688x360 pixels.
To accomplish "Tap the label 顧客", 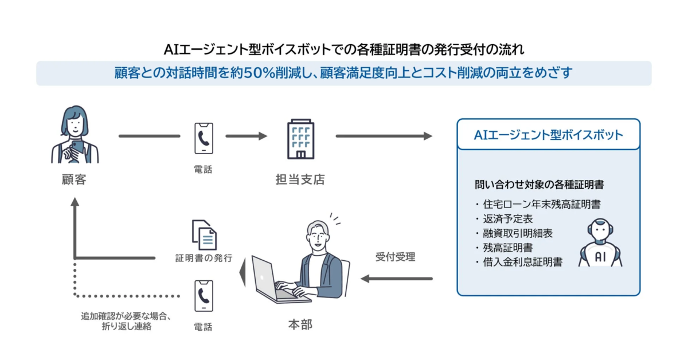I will [x=74, y=179].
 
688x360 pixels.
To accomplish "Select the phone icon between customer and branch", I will [x=204, y=138].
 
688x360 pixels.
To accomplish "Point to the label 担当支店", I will [x=300, y=179].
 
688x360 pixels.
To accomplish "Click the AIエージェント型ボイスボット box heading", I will [x=548, y=135].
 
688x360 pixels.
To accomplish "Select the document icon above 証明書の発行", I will [x=204, y=234].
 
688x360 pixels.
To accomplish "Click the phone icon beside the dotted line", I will [x=204, y=296].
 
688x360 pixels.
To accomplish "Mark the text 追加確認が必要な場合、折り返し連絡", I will [x=127, y=321].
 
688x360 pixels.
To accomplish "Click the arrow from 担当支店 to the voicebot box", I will [x=384, y=136].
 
